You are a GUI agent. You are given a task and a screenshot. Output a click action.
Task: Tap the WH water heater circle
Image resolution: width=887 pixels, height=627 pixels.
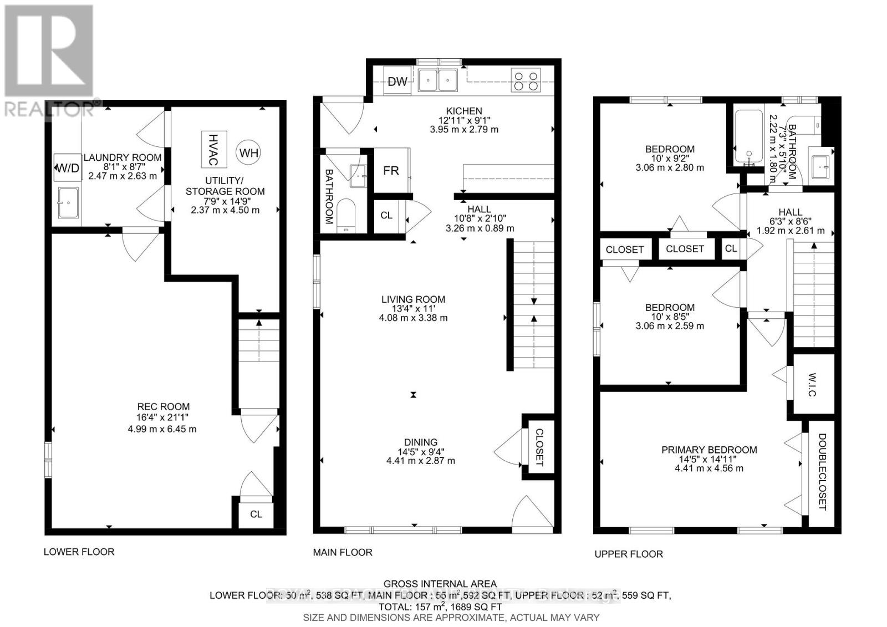click(x=249, y=152)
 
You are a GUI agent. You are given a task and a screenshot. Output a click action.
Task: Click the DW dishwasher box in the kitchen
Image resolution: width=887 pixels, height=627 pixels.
click(x=397, y=82)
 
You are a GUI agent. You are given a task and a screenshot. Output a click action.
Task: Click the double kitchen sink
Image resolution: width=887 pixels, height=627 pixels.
click(x=437, y=80)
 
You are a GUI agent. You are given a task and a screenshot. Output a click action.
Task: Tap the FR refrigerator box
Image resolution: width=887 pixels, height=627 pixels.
click(x=391, y=171)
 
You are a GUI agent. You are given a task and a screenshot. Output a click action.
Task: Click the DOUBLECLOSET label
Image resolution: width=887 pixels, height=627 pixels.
click(x=822, y=472)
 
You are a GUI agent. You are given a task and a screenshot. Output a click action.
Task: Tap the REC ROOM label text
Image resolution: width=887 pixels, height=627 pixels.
click(x=164, y=406)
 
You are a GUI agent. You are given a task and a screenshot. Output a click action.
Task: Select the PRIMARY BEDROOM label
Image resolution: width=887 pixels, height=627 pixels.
click(x=708, y=450)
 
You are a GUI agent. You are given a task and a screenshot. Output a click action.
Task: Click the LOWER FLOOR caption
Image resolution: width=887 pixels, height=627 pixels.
click(x=79, y=552)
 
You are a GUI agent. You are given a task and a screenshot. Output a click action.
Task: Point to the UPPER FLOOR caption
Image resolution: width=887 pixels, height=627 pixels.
click(x=628, y=554)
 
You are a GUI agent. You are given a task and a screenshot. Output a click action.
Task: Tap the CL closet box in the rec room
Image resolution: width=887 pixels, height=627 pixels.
click(x=256, y=514)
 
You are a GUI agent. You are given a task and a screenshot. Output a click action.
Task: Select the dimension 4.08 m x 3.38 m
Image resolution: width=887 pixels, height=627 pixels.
click(x=413, y=318)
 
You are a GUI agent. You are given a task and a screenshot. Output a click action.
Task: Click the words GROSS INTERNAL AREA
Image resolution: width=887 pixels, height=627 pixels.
click(x=440, y=584)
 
